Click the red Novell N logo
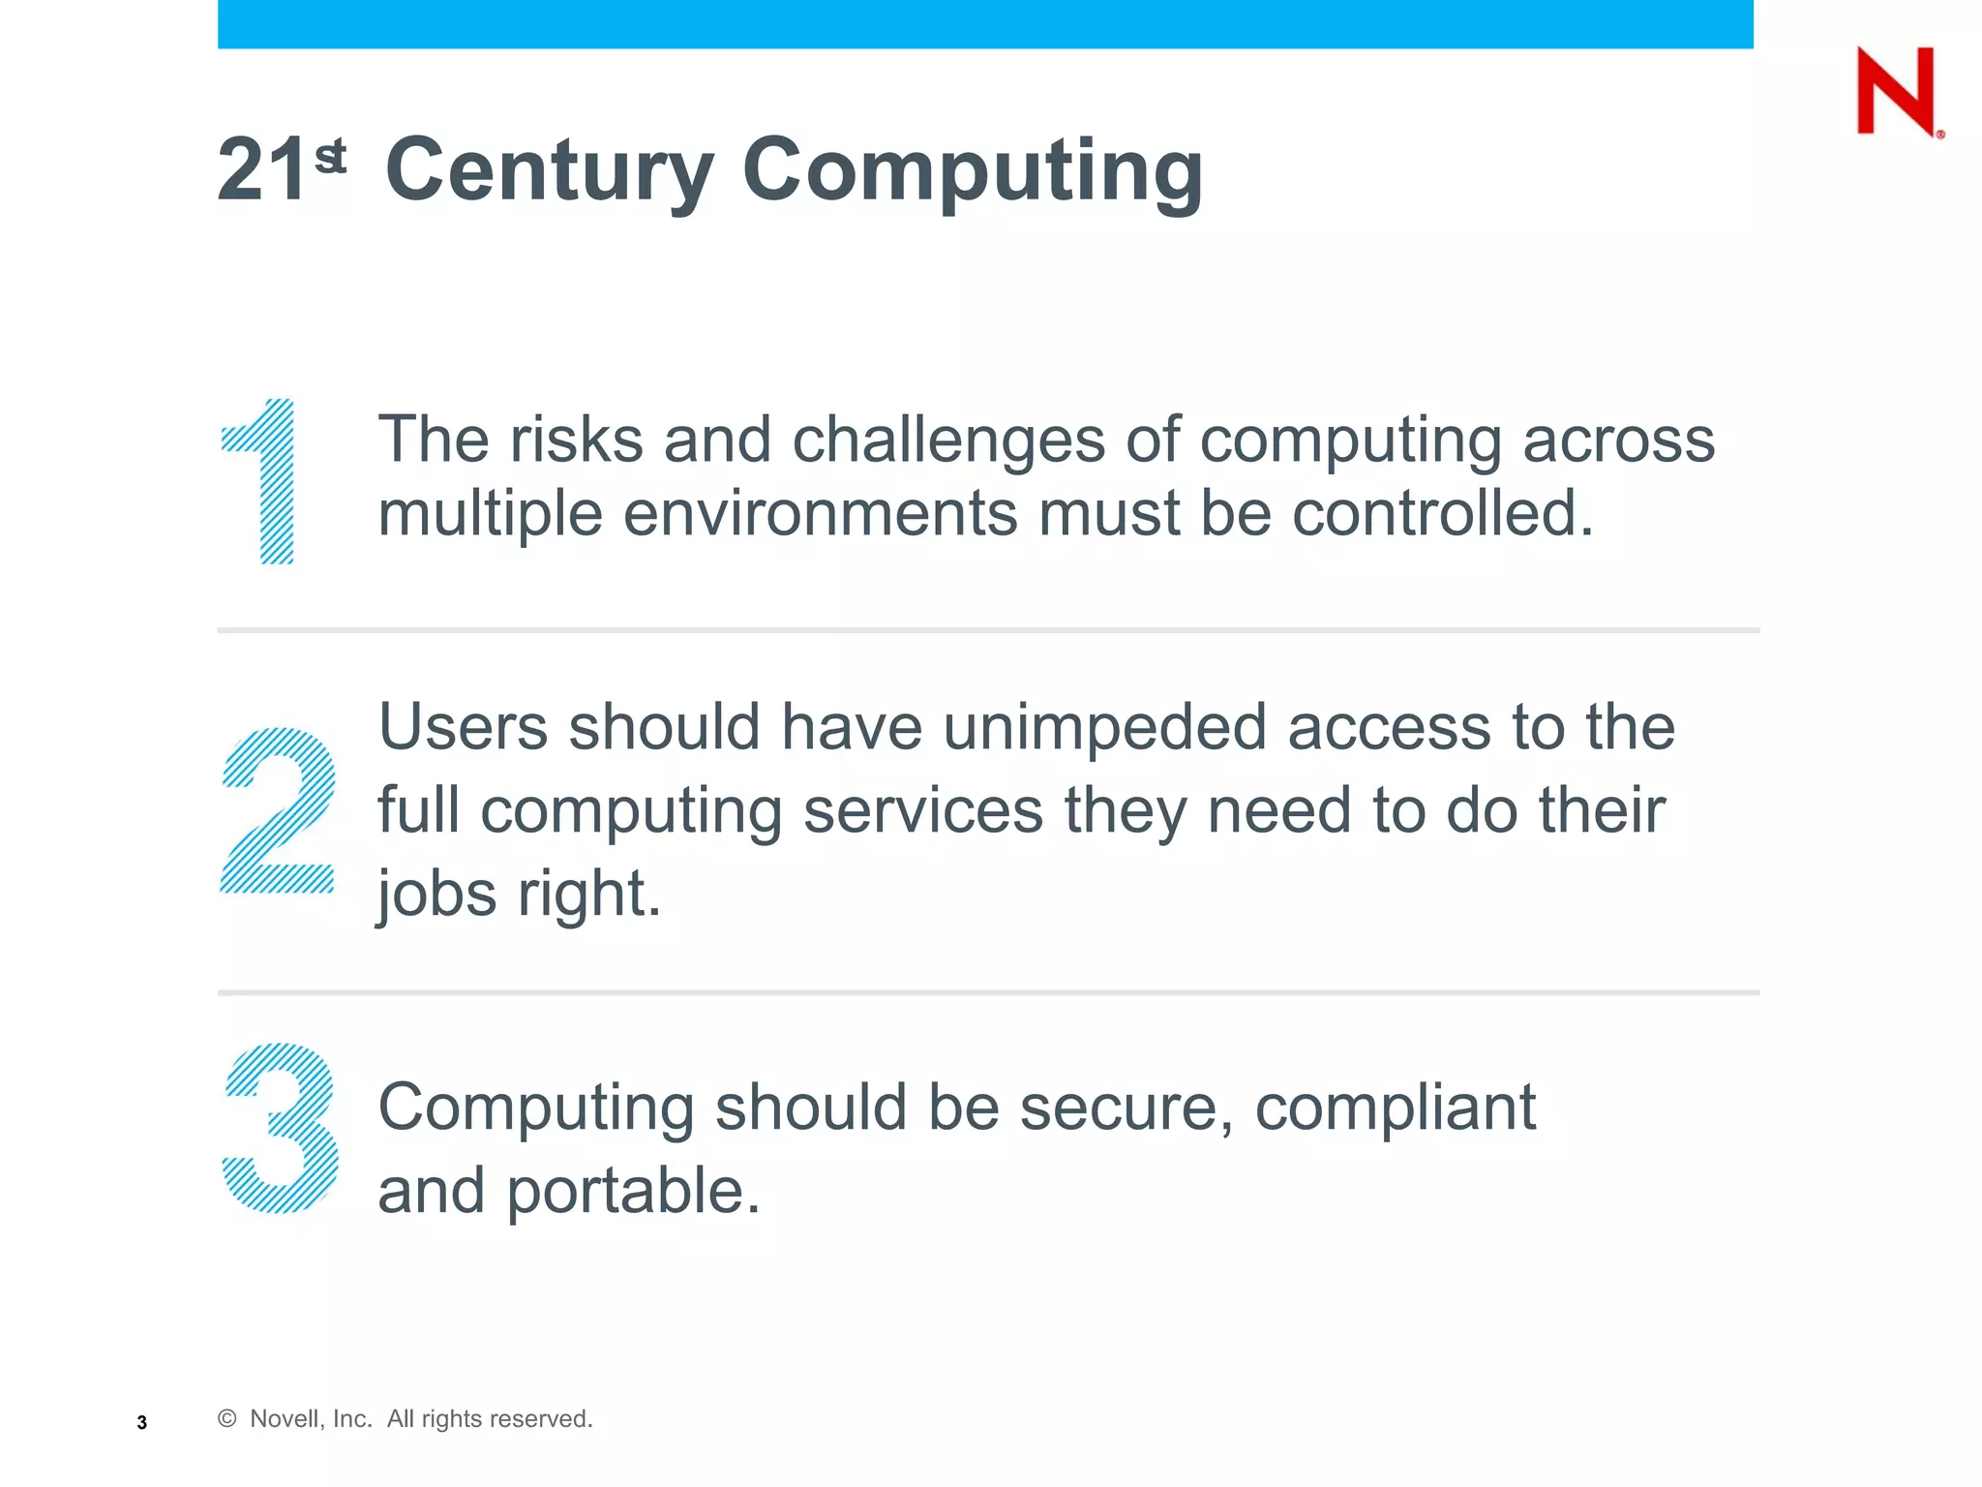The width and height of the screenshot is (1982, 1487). point(1896,91)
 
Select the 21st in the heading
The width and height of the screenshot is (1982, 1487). point(281,169)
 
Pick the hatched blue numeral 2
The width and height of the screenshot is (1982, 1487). point(278,809)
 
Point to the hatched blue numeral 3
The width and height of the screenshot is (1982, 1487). point(280,1127)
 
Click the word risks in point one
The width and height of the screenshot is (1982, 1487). point(576,440)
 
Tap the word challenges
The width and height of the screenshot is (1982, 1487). point(948,441)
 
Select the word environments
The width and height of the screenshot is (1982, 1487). point(820,513)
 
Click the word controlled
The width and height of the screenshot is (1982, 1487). point(1442,513)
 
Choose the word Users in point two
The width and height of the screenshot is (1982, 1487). point(463,727)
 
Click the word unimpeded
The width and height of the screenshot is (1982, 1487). point(1104,729)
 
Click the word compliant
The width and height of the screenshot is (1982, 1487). point(1395,1108)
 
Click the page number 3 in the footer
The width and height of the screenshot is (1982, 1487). point(142,1422)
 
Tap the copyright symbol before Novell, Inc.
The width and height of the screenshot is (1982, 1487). point(227,1418)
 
